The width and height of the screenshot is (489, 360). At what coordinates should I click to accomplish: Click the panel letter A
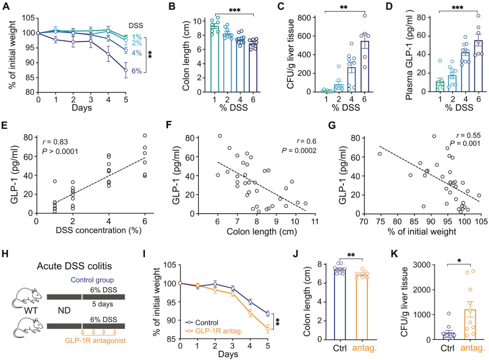pyautogui.click(x=6, y=6)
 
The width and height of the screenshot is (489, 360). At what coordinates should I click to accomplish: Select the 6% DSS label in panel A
pyautogui.click(x=136, y=71)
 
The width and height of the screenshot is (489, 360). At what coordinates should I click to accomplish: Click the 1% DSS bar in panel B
pyautogui.click(x=215, y=59)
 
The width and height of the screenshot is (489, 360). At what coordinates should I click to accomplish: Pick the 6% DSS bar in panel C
pyautogui.click(x=364, y=67)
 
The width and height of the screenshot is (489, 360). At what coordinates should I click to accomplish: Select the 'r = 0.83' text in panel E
pyautogui.click(x=55, y=142)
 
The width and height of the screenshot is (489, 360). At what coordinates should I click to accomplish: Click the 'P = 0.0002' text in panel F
pyautogui.click(x=299, y=151)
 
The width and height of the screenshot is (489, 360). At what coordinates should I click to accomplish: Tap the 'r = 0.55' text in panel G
pyautogui.click(x=468, y=136)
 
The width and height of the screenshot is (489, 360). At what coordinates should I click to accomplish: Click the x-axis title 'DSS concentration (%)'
pyautogui.click(x=98, y=230)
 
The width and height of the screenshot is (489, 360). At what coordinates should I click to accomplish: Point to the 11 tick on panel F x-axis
pyautogui.click(x=315, y=222)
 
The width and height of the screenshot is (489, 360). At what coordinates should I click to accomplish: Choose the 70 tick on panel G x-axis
pyautogui.click(x=364, y=222)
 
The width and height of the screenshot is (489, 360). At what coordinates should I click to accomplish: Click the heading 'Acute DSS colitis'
pyautogui.click(x=74, y=266)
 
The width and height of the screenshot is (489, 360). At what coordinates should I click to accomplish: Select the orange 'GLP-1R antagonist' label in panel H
pyautogui.click(x=95, y=340)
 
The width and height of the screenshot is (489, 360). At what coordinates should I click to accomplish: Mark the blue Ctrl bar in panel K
pyautogui.click(x=447, y=336)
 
